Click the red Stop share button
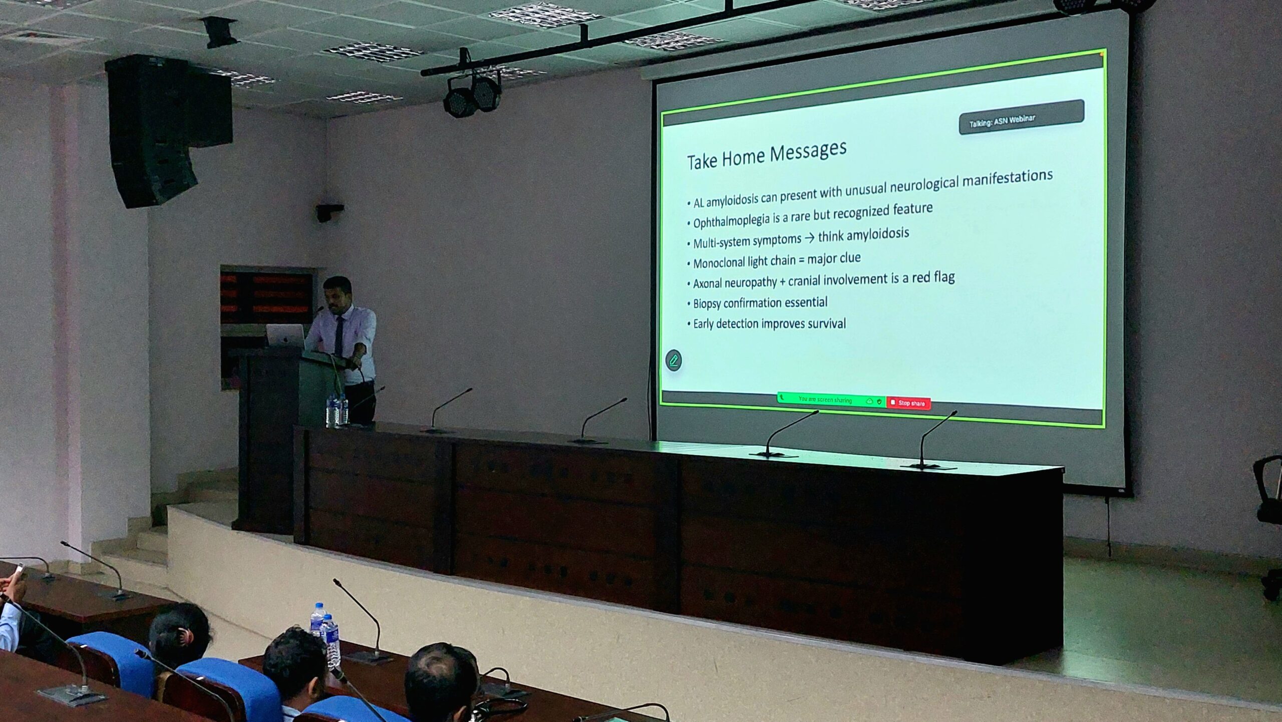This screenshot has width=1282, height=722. pyautogui.click(x=908, y=403)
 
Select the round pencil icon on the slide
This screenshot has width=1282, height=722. pyautogui.click(x=674, y=360)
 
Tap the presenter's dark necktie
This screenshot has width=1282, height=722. pyautogui.click(x=339, y=336)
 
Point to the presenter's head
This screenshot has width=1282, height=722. pyautogui.click(x=338, y=293)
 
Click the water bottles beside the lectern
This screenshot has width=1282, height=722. pyautogui.click(x=337, y=409)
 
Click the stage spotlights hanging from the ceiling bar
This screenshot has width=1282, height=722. pyautogui.click(x=472, y=95)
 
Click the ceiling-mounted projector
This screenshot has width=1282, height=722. pyautogui.click(x=219, y=32)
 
